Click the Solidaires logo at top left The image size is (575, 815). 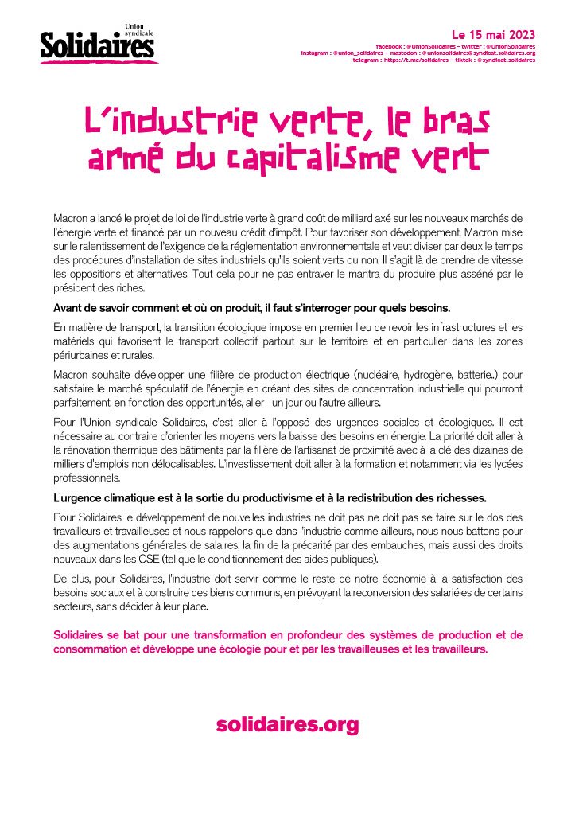pyautogui.click(x=97, y=45)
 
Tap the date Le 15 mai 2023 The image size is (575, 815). pyautogui.click(x=493, y=35)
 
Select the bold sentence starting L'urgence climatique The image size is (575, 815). pyautogui.click(x=269, y=497)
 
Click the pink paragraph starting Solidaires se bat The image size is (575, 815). pyautogui.click(x=287, y=641)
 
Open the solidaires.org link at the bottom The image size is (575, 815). pyautogui.click(x=287, y=725)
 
